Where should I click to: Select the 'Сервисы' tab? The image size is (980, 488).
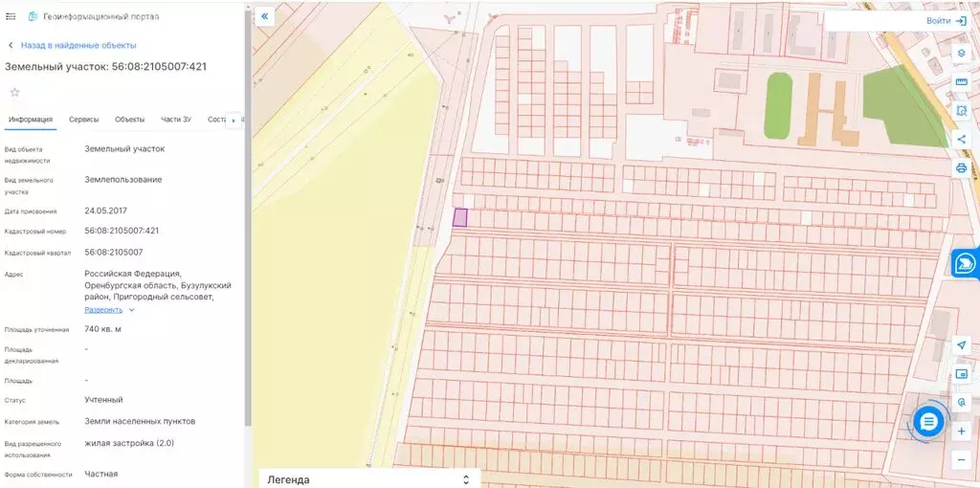pyautogui.click(x=83, y=120)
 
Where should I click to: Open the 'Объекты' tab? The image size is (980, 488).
pyautogui.click(x=129, y=120)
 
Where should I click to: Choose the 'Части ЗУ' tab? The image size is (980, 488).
pyautogui.click(x=176, y=120)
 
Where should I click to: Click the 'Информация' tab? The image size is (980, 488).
pyautogui.click(x=31, y=120)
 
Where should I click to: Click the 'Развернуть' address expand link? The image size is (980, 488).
pyautogui.click(x=103, y=310)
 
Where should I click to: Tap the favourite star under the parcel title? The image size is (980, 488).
pyautogui.click(x=14, y=92)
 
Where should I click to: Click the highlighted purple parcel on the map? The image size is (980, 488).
pyautogui.click(x=459, y=217)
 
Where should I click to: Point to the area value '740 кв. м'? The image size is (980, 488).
pyautogui.click(x=102, y=329)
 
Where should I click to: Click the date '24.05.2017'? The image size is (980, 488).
pyautogui.click(x=105, y=211)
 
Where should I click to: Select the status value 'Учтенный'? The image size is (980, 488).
pyautogui.click(x=103, y=400)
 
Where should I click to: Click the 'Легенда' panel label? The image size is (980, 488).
pyautogui.click(x=288, y=479)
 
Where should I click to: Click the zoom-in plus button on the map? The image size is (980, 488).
pyautogui.click(x=962, y=432)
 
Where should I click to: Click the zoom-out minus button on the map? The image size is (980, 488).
pyautogui.click(x=962, y=460)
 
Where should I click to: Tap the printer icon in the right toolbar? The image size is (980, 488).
pyautogui.click(x=962, y=168)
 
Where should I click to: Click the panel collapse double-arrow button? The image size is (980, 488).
pyautogui.click(x=265, y=16)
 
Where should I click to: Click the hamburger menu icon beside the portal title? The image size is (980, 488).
pyautogui.click(x=11, y=17)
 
